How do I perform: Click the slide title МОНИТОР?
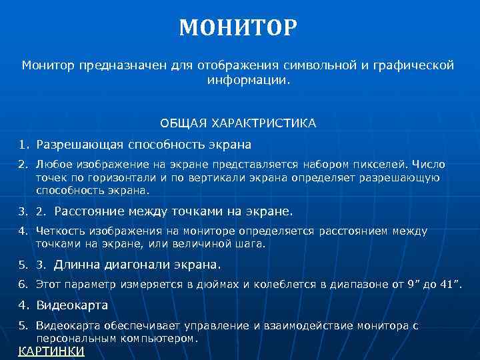[238, 28]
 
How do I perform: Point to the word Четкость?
[59, 231]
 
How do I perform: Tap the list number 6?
[22, 285]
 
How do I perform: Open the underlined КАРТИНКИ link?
[51, 351]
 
